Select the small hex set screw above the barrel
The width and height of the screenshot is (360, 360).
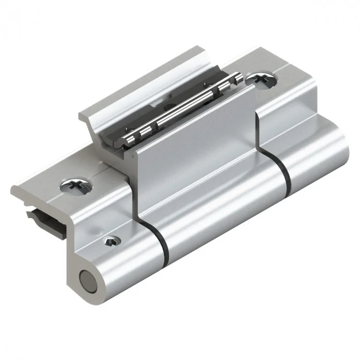tap(112, 240)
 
